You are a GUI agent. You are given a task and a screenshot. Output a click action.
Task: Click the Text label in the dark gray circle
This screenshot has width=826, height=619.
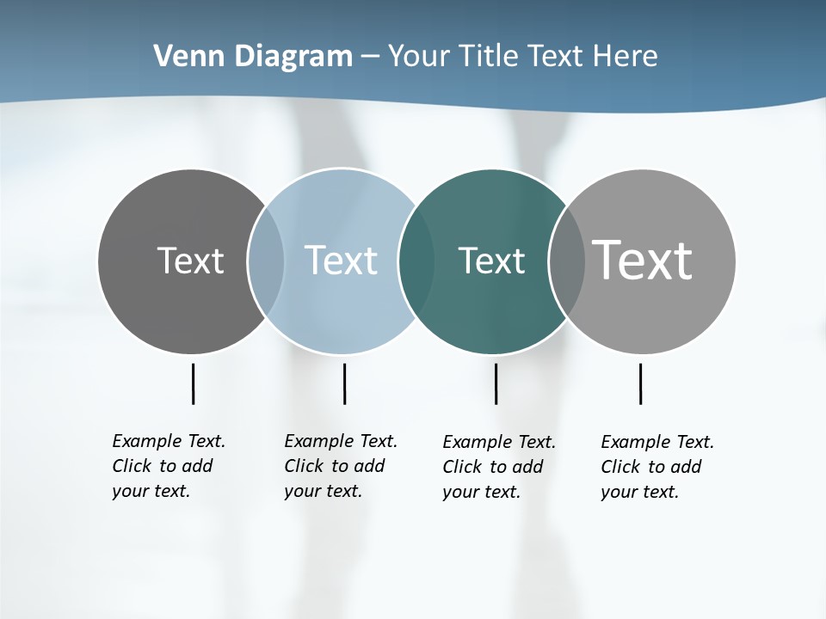click(x=190, y=260)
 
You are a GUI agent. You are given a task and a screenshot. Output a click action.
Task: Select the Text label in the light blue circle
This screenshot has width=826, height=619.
click(x=341, y=260)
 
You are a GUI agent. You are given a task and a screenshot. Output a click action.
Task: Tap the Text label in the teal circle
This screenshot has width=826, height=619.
click(x=491, y=260)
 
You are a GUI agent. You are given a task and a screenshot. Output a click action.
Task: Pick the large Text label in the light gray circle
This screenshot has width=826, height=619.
click(x=643, y=260)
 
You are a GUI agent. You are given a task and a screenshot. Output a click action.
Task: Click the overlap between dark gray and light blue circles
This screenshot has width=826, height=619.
click(x=266, y=261)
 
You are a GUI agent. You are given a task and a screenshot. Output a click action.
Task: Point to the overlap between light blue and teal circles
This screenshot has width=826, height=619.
click(x=416, y=261)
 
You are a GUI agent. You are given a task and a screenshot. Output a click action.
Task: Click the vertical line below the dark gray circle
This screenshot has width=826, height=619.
click(x=193, y=383)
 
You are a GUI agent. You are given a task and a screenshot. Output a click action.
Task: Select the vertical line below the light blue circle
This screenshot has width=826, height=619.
click(x=344, y=383)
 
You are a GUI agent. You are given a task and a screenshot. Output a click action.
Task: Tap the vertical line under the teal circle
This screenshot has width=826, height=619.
click(x=496, y=383)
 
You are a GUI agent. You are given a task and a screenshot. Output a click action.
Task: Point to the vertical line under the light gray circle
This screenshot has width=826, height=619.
click(x=640, y=383)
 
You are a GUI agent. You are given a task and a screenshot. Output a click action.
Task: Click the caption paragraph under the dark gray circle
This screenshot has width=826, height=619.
click(x=168, y=466)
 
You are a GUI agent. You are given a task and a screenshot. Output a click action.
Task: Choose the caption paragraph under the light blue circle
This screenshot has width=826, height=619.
click(x=340, y=466)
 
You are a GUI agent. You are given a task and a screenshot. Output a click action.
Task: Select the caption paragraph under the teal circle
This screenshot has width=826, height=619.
click(x=498, y=467)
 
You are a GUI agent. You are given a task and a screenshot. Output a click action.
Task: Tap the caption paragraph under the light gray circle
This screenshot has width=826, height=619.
click(x=656, y=467)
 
